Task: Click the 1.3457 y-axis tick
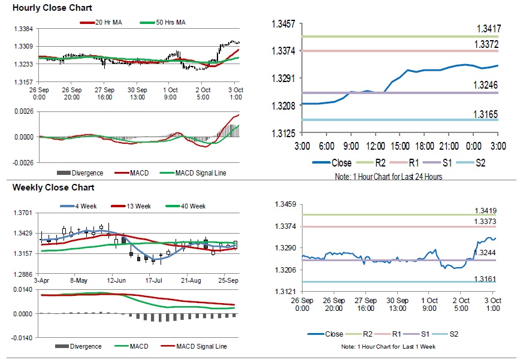click(283, 24)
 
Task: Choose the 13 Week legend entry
click(137, 206)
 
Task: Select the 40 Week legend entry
click(192, 206)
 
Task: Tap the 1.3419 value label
click(486, 211)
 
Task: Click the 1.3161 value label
click(486, 279)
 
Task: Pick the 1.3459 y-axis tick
click(284, 205)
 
